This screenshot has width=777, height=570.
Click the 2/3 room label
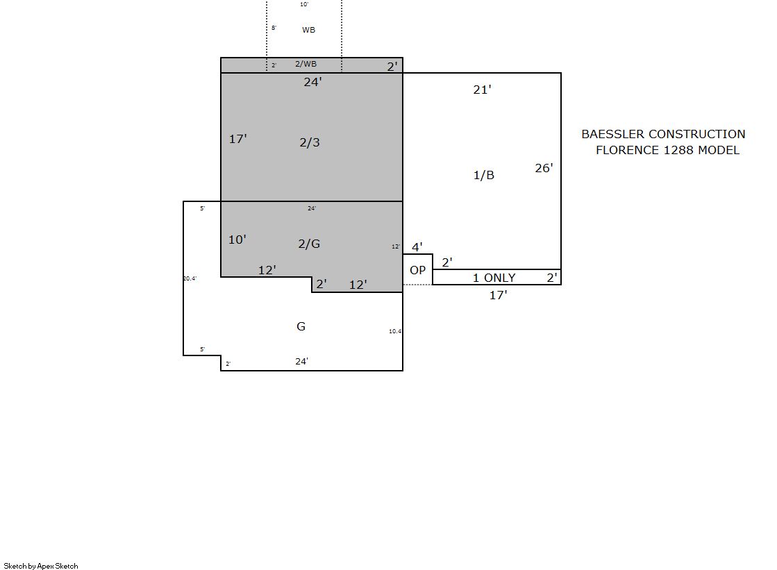coord(310,143)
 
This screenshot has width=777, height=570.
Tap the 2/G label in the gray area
coord(309,244)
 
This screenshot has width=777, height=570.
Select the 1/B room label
coord(484,175)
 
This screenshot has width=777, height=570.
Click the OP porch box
coord(418,270)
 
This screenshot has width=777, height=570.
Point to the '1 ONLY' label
coord(494,278)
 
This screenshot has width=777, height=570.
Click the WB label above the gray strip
coord(309,31)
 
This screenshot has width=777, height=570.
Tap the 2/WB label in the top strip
coord(306,64)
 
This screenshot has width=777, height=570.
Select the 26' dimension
coord(544,168)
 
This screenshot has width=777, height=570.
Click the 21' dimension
coord(482,90)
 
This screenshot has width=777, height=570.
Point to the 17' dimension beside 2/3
coord(238,139)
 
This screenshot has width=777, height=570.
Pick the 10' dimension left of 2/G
coord(237,240)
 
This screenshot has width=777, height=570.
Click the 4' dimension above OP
coord(417,247)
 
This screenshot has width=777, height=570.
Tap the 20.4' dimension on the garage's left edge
coord(190,278)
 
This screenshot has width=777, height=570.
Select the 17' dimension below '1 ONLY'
coord(498,295)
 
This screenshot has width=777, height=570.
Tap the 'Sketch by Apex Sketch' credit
coord(41,566)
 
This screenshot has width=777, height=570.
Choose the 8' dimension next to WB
coord(274,28)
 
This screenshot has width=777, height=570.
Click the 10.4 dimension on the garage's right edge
coord(395,331)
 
